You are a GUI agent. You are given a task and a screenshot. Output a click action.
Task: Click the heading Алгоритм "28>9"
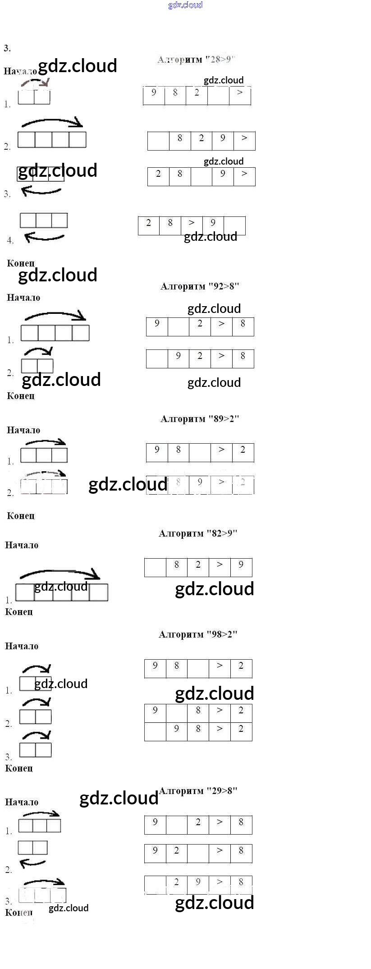click(x=197, y=60)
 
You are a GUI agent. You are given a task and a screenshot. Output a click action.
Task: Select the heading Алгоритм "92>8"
click(x=200, y=286)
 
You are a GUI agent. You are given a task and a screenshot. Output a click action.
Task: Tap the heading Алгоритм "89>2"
click(x=200, y=419)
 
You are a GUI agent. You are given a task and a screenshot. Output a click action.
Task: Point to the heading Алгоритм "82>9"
click(x=198, y=533)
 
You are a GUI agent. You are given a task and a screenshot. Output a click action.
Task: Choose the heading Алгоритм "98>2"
click(x=198, y=634)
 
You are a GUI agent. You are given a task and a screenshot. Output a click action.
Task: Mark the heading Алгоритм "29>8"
click(x=198, y=790)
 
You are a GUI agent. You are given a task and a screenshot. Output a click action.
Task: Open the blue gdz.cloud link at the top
click(x=185, y=5)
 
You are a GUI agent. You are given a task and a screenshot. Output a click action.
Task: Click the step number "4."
click(x=10, y=240)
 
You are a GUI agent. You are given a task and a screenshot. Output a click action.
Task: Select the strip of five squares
click(x=62, y=592)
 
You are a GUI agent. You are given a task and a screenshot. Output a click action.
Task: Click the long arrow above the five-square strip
click(x=60, y=574)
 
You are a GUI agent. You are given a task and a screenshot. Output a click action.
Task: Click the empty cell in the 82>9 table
click(x=155, y=567)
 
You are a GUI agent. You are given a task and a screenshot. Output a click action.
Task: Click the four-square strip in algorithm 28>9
click(x=52, y=139)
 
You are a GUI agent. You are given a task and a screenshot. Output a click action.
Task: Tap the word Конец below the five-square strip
click(x=19, y=612)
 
